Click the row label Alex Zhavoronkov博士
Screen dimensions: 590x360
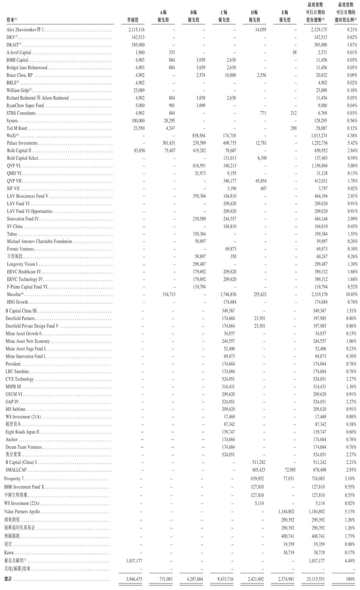(25, 30)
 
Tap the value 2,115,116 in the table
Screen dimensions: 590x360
(136, 30)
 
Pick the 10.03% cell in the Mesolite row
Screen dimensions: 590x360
(351, 294)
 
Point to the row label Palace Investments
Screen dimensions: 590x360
(22, 143)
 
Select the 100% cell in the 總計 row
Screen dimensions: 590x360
(350, 579)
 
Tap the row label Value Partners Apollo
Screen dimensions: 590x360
(22, 512)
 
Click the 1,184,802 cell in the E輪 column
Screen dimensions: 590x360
(286, 512)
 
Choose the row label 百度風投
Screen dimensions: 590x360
(15, 256)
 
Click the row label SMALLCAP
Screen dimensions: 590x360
(16, 470)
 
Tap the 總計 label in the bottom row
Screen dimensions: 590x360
(8, 579)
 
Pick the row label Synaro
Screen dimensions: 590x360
(12, 121)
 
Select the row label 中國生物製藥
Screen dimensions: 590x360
(16, 495)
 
